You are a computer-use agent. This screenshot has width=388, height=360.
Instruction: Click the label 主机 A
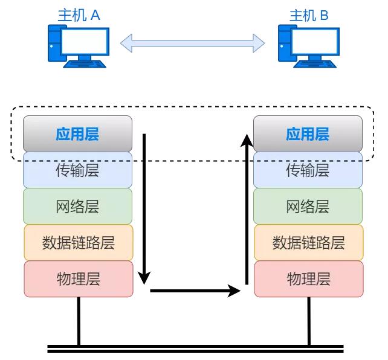79,15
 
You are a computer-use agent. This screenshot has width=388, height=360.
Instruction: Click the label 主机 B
309,15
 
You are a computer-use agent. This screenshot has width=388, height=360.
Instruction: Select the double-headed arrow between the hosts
193,43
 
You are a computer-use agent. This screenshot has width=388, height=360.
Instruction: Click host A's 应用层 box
77,133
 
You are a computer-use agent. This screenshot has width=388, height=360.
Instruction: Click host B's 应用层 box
308,133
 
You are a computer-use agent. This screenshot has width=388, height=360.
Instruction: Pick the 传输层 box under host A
77,170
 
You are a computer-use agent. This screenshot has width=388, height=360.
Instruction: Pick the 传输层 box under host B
308,170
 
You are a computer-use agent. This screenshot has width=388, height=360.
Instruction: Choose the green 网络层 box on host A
77,207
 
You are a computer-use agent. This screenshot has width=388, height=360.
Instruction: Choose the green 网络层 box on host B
308,207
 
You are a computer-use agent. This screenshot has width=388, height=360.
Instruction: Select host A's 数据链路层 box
78,243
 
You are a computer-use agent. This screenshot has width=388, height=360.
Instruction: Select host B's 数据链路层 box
308,243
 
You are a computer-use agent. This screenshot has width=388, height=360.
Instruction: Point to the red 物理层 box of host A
78,279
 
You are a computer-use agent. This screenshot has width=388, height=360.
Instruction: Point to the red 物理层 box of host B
308,279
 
